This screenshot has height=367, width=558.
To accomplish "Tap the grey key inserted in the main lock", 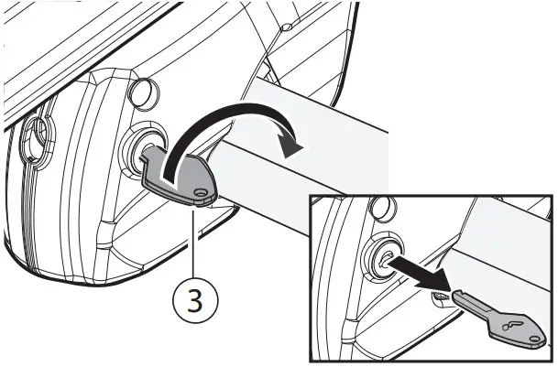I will coord(183,178).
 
